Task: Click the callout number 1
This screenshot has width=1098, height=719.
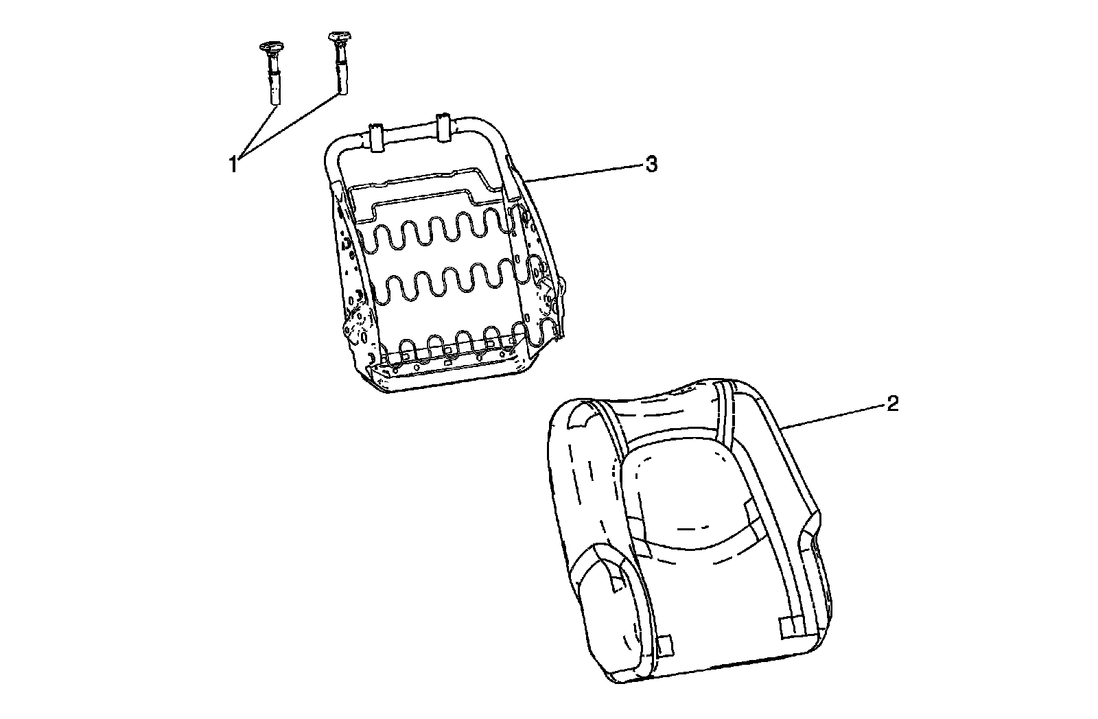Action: coord(233,165)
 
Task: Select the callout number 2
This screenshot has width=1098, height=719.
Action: coord(892,404)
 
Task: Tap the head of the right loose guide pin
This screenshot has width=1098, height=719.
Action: coord(340,38)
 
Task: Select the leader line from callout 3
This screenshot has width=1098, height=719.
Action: coord(583,172)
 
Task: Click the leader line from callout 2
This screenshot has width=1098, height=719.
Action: coord(834,416)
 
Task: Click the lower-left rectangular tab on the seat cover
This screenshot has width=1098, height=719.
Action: coord(664,645)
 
